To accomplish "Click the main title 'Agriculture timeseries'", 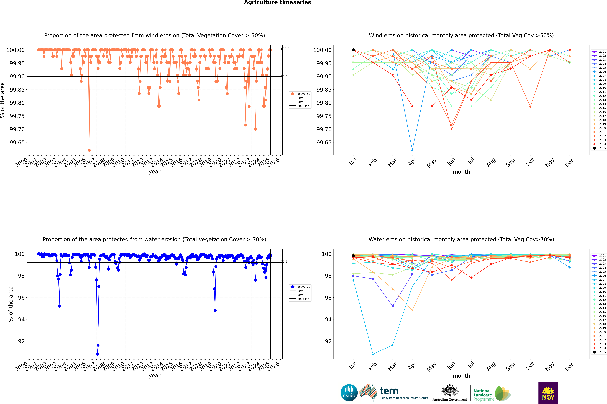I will click(x=277, y=3).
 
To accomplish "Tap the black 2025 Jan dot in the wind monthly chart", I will click(x=353, y=50).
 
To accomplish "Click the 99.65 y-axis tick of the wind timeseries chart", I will click(x=17, y=142).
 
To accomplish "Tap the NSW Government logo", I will click(x=548, y=393).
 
